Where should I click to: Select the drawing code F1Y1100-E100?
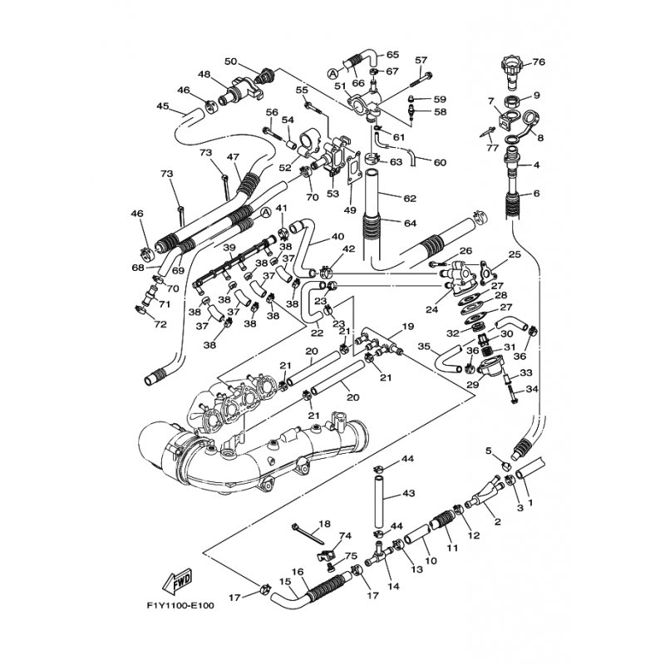[x=179, y=606]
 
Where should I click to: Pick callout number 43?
[x=408, y=494]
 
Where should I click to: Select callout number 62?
[x=408, y=199]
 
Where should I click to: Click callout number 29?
[x=472, y=384]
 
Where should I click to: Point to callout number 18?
[x=324, y=524]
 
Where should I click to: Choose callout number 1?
[x=530, y=501]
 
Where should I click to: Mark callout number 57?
[x=421, y=60]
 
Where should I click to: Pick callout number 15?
[x=285, y=582]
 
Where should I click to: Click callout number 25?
[x=515, y=254]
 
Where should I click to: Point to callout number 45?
[x=162, y=106]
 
